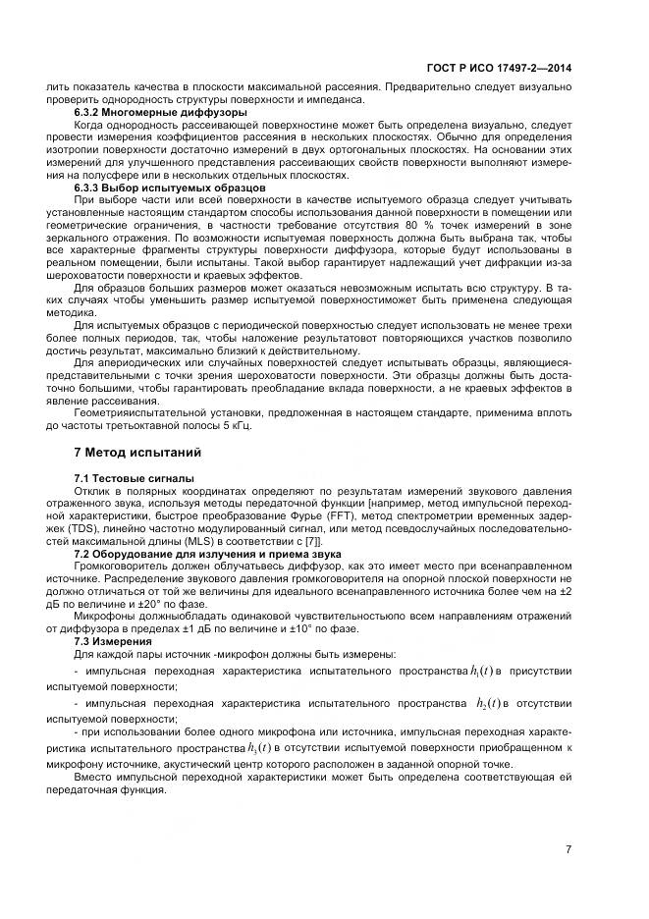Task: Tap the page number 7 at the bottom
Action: tap(569, 849)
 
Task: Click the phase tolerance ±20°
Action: tap(141, 604)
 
